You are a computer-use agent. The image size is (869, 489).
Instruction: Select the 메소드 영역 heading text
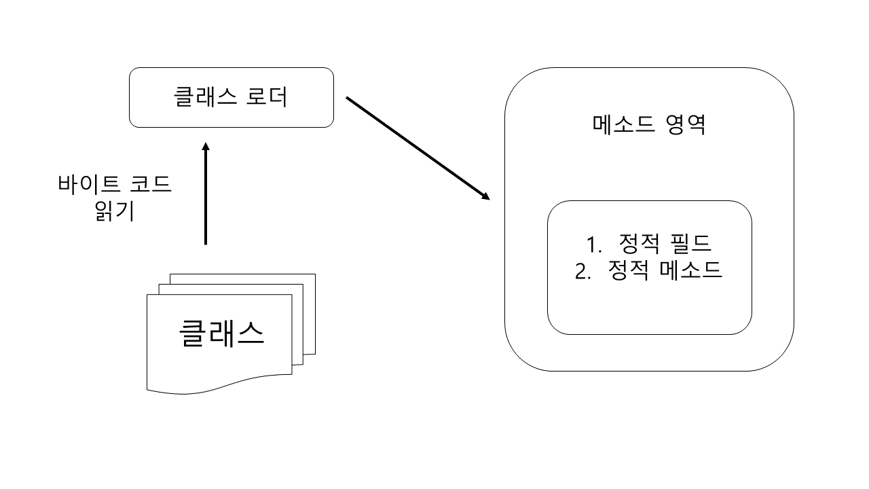(650, 124)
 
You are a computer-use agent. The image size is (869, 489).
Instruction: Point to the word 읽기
(115, 212)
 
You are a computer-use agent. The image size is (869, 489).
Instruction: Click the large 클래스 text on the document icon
(221, 333)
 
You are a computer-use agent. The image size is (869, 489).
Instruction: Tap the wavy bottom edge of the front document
(217, 389)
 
